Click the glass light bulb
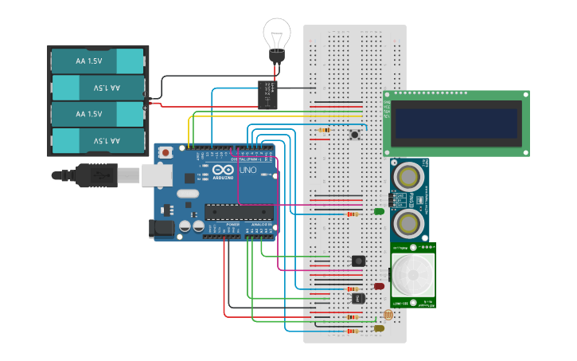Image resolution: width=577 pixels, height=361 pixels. click(x=275, y=35)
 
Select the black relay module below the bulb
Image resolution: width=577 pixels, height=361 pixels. click(x=268, y=95)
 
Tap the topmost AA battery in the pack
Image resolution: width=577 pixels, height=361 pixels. click(x=97, y=61)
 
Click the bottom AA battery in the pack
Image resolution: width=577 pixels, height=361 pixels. click(x=97, y=141)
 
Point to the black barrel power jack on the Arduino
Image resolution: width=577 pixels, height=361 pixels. click(x=162, y=229)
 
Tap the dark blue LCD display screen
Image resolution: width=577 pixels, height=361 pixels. click(x=457, y=124)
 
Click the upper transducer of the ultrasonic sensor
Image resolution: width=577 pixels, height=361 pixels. click(x=409, y=175)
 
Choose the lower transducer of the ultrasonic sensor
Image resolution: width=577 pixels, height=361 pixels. click(x=409, y=222)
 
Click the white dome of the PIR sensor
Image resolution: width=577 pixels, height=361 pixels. click(x=415, y=275)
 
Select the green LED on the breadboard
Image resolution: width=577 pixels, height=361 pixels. click(x=379, y=211)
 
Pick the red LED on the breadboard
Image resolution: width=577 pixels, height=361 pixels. click(x=379, y=286)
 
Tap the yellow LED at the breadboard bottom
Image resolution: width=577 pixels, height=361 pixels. click(x=379, y=328)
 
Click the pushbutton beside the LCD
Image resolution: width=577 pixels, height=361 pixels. click(x=355, y=135)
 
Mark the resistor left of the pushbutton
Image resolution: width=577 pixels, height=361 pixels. click(x=324, y=130)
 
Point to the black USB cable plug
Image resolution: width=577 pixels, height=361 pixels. click(x=96, y=175)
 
